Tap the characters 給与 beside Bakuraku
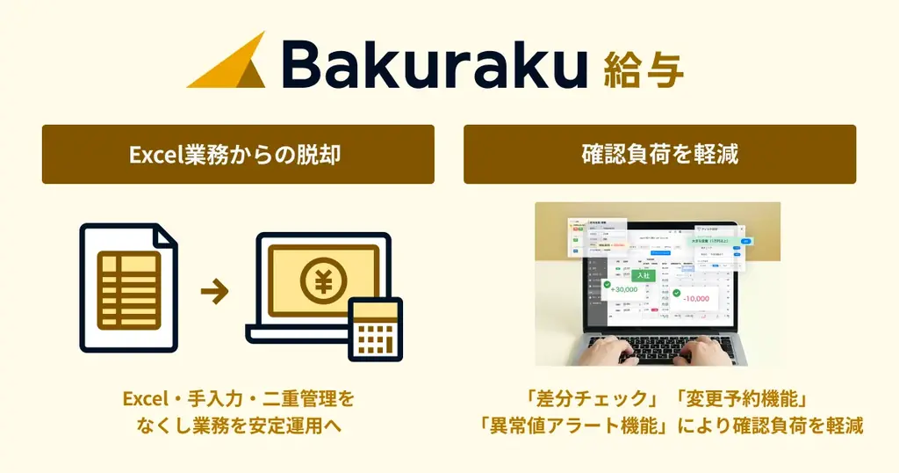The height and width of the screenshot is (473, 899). [x=644, y=67]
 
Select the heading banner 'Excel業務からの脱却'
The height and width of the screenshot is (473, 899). [x=238, y=155]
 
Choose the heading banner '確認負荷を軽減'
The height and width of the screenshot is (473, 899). [x=659, y=155]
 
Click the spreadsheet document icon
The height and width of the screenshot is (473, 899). [x=128, y=287]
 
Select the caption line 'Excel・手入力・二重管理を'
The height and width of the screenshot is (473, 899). [x=239, y=399]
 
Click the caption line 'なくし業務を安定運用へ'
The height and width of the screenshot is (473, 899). [x=239, y=426]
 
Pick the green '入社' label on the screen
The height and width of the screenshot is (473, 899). [x=643, y=275]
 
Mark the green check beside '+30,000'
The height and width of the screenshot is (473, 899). [x=607, y=285]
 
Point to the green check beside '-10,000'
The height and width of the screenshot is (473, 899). [x=677, y=293]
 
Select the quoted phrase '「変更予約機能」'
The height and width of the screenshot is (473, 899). [x=738, y=399]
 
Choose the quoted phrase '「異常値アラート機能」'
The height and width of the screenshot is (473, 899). [x=570, y=426]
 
